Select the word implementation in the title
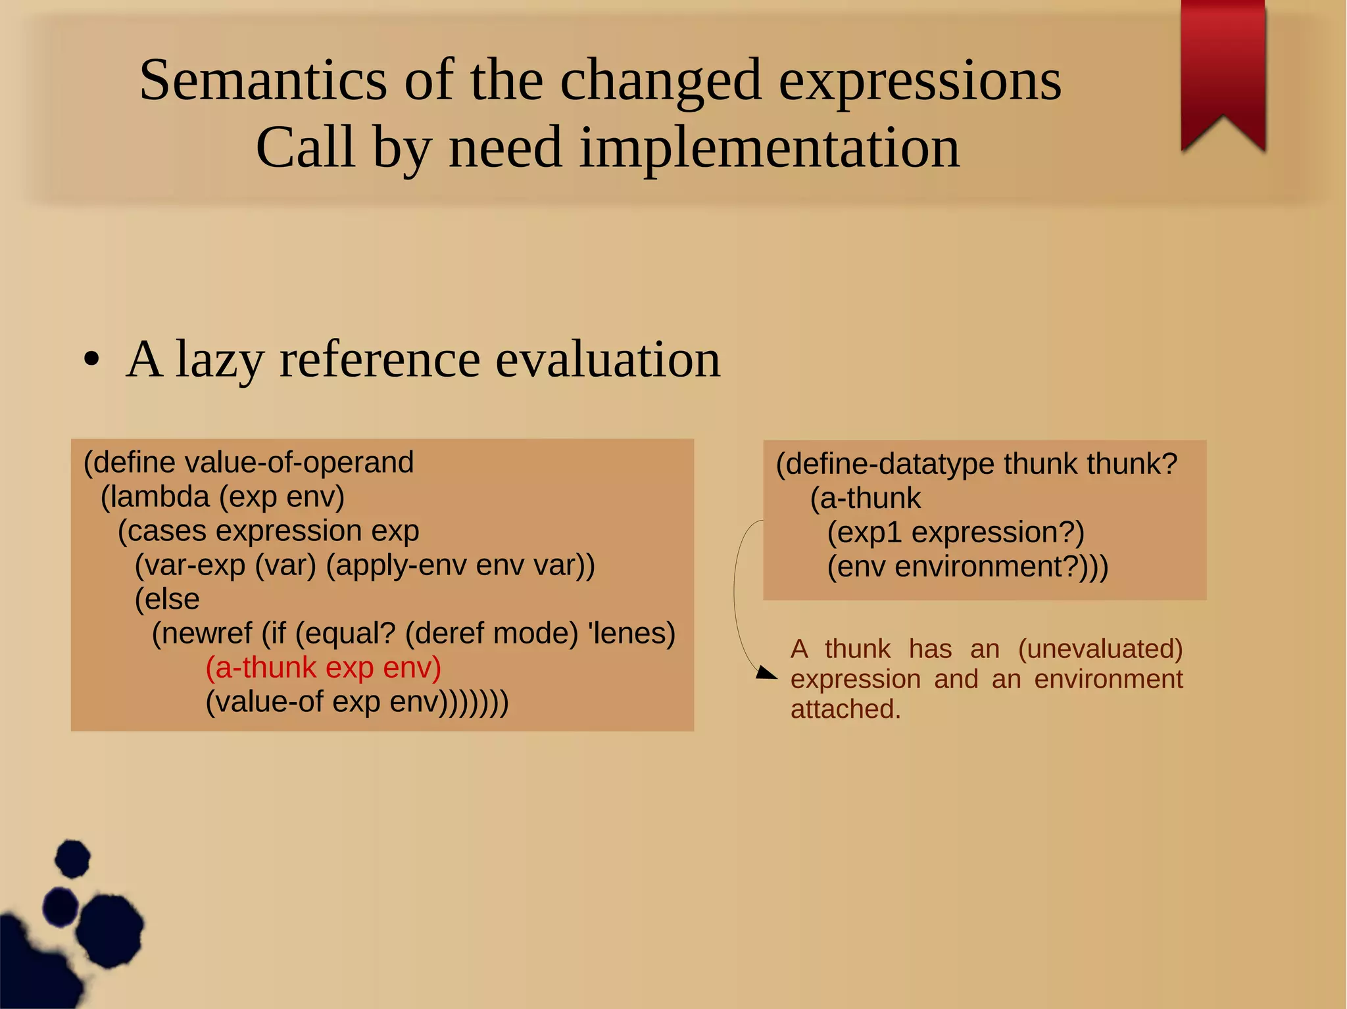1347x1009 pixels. pos(770,149)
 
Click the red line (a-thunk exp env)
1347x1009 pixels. pos(323,668)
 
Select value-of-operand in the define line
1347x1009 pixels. pos(299,462)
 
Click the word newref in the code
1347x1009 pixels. pos(208,634)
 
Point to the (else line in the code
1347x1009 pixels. pos(167,599)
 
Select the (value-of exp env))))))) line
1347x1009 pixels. pos(356,702)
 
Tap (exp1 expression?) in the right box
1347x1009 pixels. pos(955,532)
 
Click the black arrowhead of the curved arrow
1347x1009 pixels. pos(767,672)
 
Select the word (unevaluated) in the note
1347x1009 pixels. pos(1100,649)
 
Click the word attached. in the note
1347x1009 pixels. pos(845,709)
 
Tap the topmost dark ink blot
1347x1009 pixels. pos(72,858)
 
